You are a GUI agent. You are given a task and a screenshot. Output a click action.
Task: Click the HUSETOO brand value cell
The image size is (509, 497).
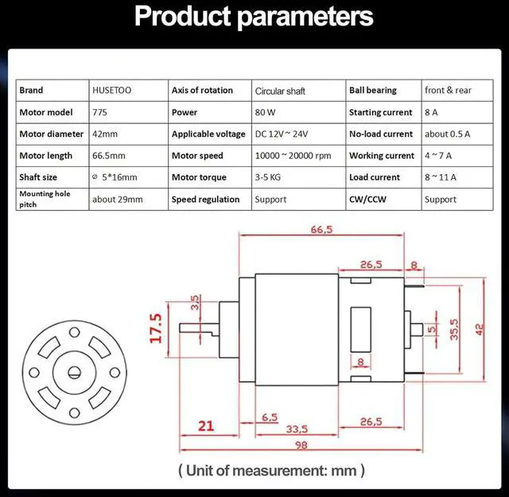click(x=112, y=91)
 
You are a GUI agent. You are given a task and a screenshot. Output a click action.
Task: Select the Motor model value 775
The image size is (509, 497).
click(x=99, y=113)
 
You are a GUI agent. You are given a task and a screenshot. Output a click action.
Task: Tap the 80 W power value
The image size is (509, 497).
click(x=265, y=113)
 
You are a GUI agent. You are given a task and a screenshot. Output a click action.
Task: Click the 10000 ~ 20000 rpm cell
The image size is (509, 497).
click(x=293, y=156)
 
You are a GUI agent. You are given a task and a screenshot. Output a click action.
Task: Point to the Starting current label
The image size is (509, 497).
click(x=380, y=113)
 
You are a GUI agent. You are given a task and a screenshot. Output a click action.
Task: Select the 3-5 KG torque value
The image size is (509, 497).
click(x=270, y=177)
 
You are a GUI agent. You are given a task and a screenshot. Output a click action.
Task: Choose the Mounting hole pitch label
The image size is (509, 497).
click(x=47, y=199)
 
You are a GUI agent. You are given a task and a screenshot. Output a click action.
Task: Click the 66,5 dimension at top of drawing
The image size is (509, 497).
click(x=322, y=230)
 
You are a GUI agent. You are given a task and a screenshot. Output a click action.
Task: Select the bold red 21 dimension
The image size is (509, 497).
click(x=206, y=426)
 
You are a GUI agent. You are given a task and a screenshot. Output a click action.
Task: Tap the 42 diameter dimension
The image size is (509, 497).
click(x=479, y=328)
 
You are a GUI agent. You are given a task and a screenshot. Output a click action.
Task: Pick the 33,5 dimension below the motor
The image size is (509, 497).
click(x=297, y=429)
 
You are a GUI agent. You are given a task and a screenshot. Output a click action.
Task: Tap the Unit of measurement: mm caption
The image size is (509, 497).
click(x=271, y=471)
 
